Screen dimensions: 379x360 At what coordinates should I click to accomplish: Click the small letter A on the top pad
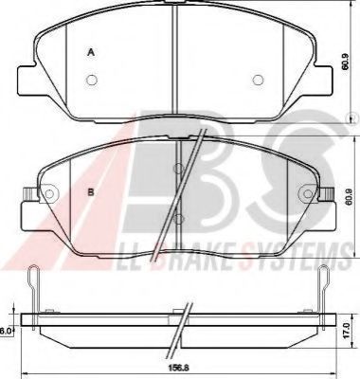pyautogui.click(x=91, y=52)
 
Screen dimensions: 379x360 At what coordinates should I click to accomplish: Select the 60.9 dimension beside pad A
pyautogui.click(x=347, y=65)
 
